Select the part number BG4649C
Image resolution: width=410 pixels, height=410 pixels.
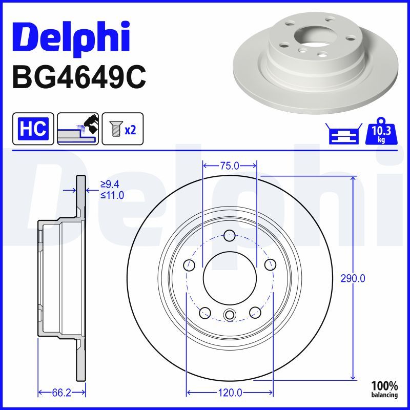coord(79,76)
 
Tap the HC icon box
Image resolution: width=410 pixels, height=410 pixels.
coord(33,129)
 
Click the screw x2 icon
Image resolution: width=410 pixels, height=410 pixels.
coord(123,129)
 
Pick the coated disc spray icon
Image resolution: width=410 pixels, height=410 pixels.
coord(78,129)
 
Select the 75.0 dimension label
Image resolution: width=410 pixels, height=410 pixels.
coord(230,166)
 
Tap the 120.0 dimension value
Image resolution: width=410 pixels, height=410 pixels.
coord(230,393)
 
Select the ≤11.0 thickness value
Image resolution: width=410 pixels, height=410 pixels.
coord(112,195)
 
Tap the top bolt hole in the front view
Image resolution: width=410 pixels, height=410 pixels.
coord(230,236)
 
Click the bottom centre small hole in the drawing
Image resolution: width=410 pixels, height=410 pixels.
coord(230,315)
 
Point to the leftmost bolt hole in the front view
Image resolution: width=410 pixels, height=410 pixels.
coord(190,265)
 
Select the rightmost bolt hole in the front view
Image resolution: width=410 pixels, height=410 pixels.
coord(270,265)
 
